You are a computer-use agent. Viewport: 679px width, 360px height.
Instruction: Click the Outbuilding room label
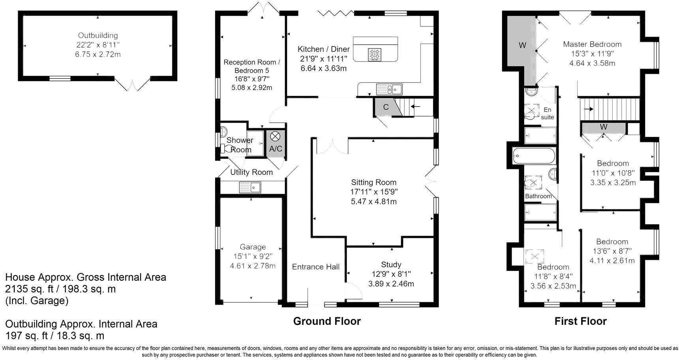click(98, 36)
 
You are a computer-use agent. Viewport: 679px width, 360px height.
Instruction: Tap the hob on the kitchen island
click(375, 54)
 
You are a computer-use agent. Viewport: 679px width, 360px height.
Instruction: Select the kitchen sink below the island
click(389, 90)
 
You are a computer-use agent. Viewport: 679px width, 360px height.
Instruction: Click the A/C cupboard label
click(276, 149)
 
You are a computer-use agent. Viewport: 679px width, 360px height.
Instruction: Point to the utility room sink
click(250, 187)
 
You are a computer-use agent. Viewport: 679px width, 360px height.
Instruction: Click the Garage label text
click(253, 247)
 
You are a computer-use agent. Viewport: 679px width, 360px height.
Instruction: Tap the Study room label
click(391, 264)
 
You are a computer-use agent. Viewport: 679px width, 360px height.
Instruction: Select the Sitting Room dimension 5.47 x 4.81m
click(374, 201)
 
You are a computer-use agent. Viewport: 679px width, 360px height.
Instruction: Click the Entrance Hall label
click(316, 267)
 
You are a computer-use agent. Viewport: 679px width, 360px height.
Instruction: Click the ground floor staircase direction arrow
click(416, 106)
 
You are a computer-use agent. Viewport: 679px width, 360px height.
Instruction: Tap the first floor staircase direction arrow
click(589, 109)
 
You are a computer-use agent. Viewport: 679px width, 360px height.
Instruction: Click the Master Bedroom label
click(592, 44)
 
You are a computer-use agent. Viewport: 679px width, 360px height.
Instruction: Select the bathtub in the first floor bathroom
click(534, 156)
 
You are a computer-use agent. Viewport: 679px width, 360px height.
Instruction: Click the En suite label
click(548, 113)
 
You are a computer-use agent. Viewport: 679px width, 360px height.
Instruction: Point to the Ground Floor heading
click(327, 321)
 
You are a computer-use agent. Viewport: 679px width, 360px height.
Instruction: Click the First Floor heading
click(580, 321)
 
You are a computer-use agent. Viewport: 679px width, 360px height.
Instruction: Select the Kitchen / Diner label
click(324, 49)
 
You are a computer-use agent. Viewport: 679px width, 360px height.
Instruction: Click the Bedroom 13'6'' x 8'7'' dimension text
click(612, 251)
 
